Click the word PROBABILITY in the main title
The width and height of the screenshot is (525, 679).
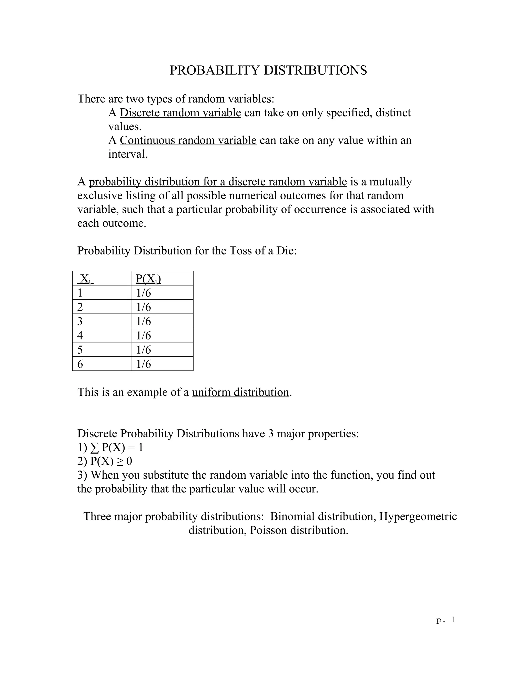214,70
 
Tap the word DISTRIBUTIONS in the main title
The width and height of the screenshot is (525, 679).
315,70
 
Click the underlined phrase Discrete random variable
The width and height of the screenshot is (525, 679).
180,112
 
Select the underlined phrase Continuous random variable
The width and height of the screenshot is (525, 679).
188,140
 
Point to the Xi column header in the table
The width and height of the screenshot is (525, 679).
85,279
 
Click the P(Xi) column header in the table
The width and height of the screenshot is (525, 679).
148,279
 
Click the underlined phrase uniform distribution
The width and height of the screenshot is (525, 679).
240,392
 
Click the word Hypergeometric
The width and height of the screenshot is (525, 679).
418,516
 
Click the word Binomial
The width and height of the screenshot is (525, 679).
292,516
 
